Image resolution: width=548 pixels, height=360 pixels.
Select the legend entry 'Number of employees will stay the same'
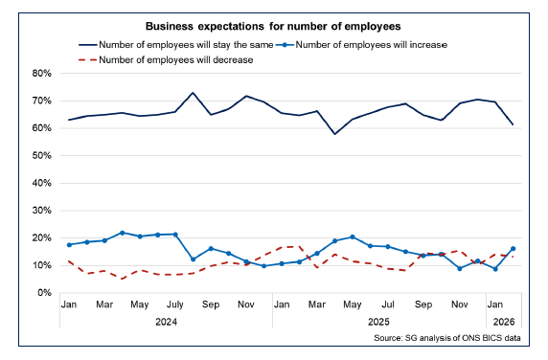[x=173, y=44]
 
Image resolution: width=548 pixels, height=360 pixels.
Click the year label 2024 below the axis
[x=166, y=323]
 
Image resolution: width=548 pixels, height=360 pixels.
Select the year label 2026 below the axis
[x=504, y=323]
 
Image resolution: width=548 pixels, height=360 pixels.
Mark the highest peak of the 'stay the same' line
[x=193, y=93]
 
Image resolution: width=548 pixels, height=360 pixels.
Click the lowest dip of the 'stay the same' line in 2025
[x=334, y=133]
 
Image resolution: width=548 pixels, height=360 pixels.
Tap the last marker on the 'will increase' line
[x=514, y=248]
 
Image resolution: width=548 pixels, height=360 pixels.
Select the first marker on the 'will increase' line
[x=69, y=244]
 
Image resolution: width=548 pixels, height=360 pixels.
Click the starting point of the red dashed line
[x=69, y=260]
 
